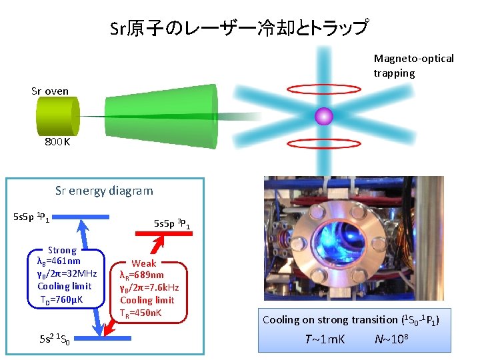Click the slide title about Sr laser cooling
pyautogui.click(x=239, y=28)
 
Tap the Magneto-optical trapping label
pyautogui.click(x=413, y=65)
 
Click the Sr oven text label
pyautogui.click(x=50, y=91)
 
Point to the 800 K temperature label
pyautogui.click(x=57, y=142)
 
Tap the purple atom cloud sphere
pyautogui.click(x=324, y=116)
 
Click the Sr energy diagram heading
pyautogui.click(x=104, y=191)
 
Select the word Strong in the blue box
pyautogui.click(x=63, y=250)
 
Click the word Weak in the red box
pyautogui.click(x=145, y=263)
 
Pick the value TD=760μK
pyautogui.click(x=62, y=299)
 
